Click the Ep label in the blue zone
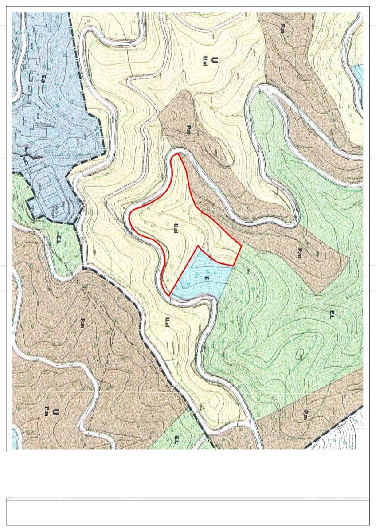click(x=43, y=81)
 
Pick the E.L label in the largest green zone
click(x=332, y=314)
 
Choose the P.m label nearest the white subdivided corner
click(x=305, y=415)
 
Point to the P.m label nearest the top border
click(x=282, y=29)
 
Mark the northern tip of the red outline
click(x=178, y=154)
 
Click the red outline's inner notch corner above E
click(x=197, y=246)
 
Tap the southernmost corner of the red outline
click(x=169, y=295)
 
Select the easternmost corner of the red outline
click(x=241, y=245)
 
